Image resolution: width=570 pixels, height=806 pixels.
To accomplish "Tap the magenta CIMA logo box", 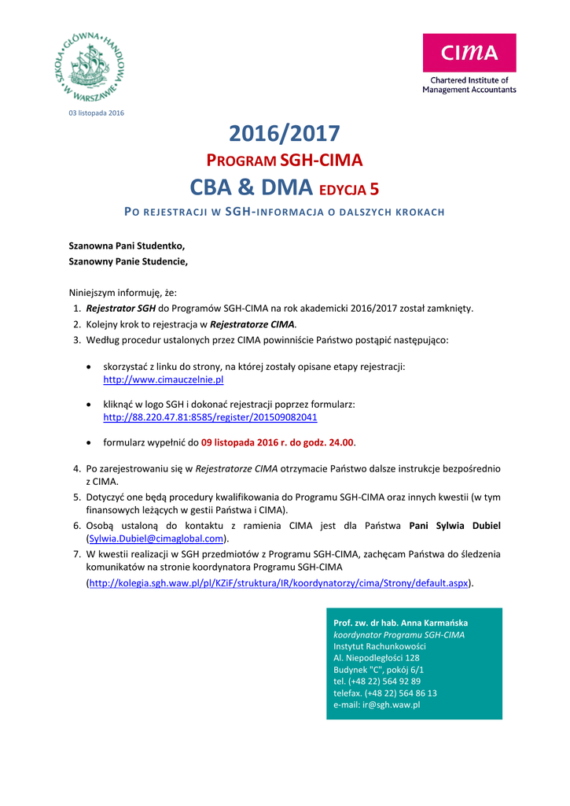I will (469, 53).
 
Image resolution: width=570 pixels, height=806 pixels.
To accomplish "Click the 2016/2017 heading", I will (284, 134).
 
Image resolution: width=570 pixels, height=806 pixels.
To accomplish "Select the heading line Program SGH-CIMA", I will (284, 161).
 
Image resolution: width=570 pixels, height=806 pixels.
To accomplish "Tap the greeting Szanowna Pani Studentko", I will (127, 246).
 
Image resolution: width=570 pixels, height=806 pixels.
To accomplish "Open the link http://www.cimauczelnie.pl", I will (164, 379).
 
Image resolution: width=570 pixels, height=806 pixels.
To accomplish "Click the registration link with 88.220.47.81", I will (210, 416).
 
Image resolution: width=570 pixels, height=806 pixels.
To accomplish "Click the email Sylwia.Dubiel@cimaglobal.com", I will (156, 538).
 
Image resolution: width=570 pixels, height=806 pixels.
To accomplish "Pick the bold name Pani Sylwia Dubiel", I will (455, 526).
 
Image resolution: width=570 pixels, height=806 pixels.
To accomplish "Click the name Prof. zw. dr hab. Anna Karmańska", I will (400, 623).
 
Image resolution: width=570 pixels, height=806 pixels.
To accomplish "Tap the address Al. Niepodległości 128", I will (376, 657).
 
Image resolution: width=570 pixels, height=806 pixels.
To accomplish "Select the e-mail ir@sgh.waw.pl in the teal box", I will (391, 704).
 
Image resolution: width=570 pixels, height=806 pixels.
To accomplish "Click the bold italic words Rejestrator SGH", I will (120, 309).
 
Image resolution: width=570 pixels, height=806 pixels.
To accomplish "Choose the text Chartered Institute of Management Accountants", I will (469, 85).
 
